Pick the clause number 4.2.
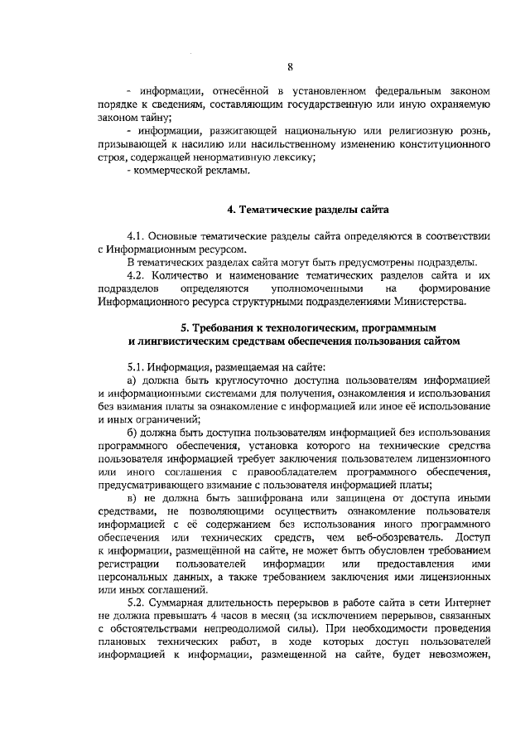(x=137, y=274)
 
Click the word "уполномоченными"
(x=296, y=287)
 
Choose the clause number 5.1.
(x=137, y=365)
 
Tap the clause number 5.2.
(x=137, y=602)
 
